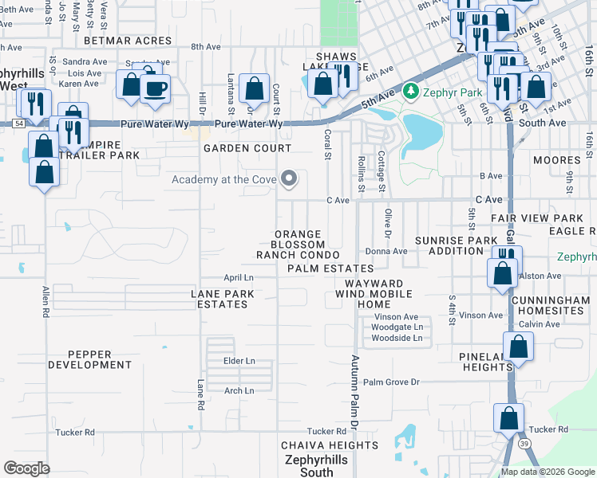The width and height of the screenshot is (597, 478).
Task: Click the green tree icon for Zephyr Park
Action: coord(411,92)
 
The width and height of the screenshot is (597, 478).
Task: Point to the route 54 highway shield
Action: coord(18,124)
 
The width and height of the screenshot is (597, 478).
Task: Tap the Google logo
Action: coord(26,468)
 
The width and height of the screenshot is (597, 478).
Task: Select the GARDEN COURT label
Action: coord(247,149)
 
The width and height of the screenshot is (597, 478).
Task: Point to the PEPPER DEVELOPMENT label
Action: coord(89,358)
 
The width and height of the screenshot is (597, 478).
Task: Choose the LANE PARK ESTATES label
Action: coord(223,299)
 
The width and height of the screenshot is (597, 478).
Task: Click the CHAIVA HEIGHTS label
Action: coord(330,445)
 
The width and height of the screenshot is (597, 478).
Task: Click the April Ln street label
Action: coord(238,277)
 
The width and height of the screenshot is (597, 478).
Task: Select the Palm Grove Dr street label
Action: coord(392,382)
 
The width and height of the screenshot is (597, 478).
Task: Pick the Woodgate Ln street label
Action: coord(397,327)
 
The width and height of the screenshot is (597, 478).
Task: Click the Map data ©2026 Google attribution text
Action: coord(548,472)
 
